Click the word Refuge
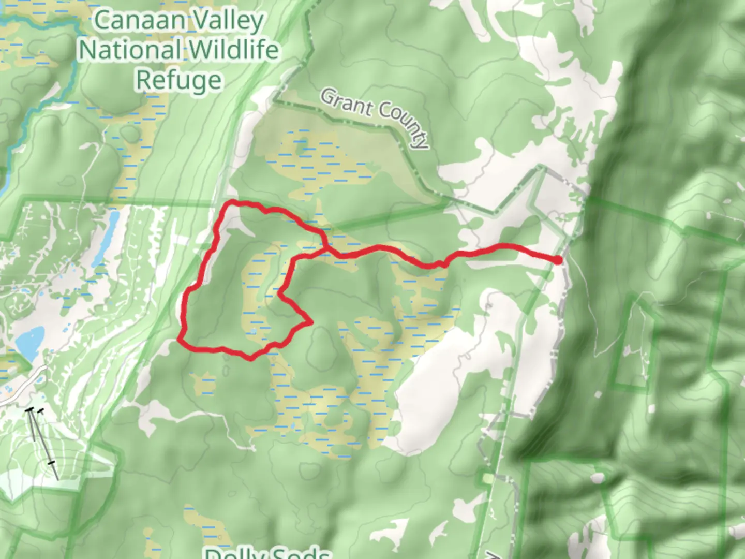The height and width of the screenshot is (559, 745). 178,80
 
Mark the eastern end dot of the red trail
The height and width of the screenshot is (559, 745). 558,260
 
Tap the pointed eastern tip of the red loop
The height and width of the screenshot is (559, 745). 311,323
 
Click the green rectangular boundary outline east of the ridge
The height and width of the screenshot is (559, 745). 631,342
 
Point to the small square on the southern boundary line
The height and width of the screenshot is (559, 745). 486,479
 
